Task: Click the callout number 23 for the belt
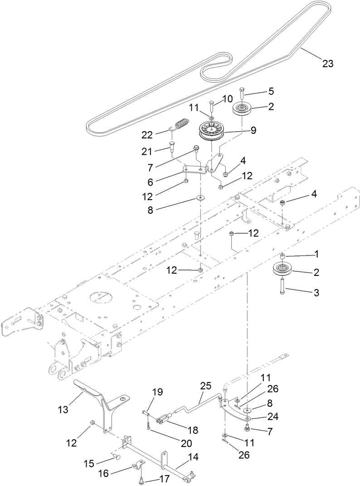coord(327,64)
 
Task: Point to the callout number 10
coord(227,98)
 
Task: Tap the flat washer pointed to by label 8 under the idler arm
coord(200,198)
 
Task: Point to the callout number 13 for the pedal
coord(63,409)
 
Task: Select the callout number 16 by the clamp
coord(104,474)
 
